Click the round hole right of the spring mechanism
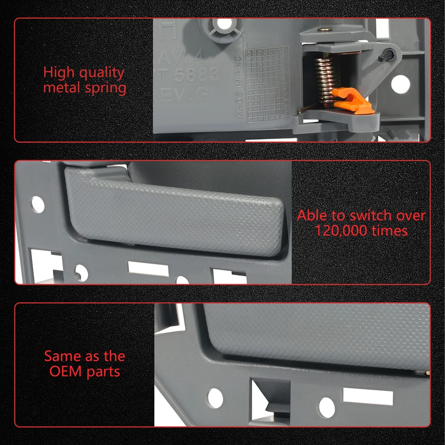pyautogui.click(x=400, y=84)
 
